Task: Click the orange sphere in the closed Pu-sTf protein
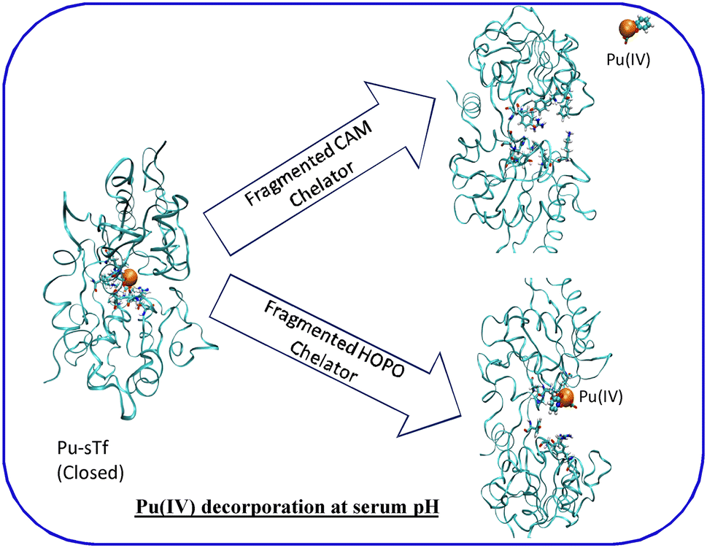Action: point(128,278)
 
